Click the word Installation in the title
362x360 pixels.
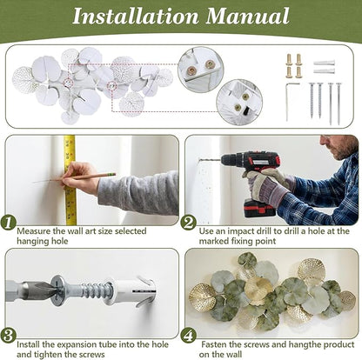coord(136,16)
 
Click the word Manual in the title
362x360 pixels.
coord(247,16)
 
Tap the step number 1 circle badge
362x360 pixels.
coord(9,223)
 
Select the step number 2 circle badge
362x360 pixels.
coord(189,223)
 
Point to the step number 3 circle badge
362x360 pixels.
coord(9,336)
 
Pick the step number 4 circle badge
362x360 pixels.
coord(189,336)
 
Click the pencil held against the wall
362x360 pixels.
coord(75,177)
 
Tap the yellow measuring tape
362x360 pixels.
coord(70,180)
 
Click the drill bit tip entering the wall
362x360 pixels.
coord(199,159)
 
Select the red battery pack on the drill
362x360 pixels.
coord(259,209)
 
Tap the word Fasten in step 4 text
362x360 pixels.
coord(214,344)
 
